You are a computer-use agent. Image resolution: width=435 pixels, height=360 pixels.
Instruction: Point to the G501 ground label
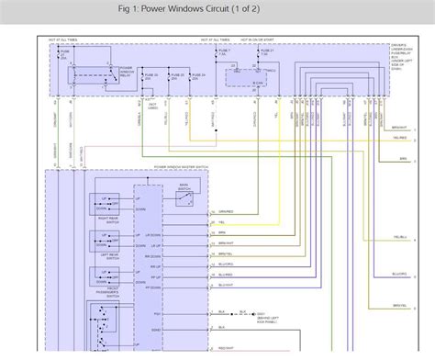(x=248, y=313)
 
